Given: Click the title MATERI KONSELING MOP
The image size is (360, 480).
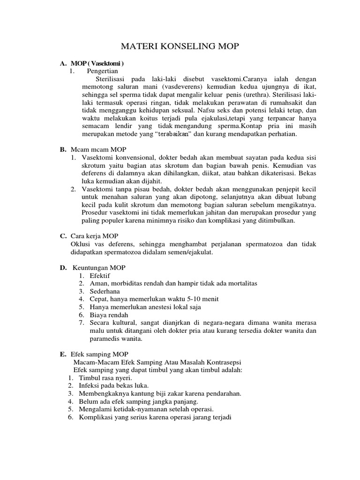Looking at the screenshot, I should click(180, 47).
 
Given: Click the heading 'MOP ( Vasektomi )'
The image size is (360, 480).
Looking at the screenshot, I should click(97, 63).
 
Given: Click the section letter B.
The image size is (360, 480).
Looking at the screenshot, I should click(62, 150).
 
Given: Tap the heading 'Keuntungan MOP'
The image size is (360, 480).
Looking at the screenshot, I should click(99, 268).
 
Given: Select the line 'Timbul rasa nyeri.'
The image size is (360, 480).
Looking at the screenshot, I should click(105, 378).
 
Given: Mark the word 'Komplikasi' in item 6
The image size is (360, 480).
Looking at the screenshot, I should click(96, 417).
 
